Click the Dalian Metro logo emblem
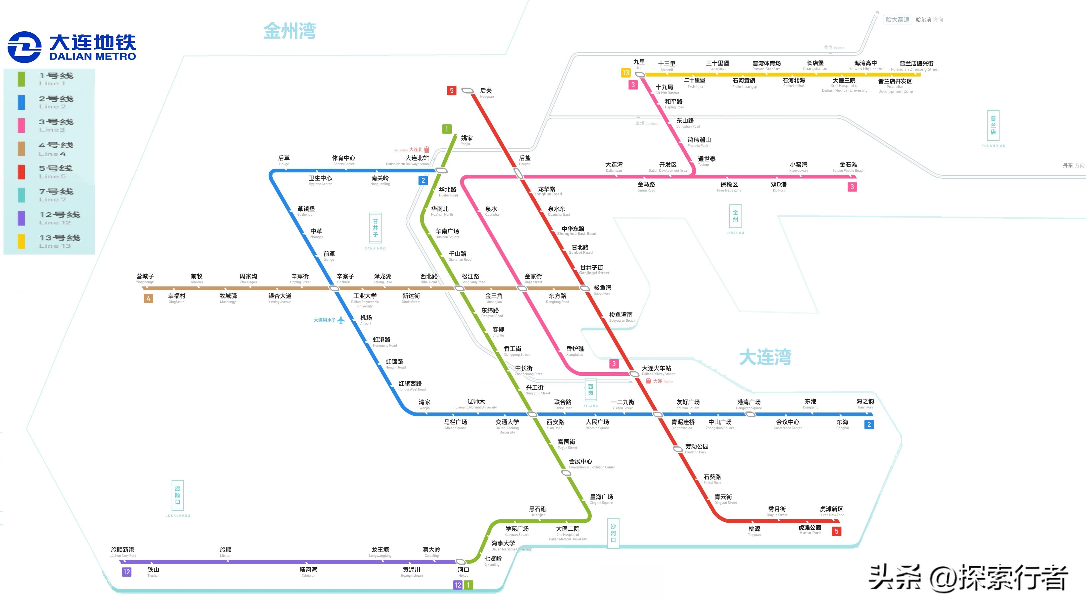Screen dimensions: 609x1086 tap(24, 47)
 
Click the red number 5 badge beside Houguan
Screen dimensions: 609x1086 tap(452, 91)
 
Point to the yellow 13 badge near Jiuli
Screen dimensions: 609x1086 tap(626, 73)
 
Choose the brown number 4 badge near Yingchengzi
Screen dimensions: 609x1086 tap(148, 299)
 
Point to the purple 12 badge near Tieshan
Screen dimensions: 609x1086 tap(126, 572)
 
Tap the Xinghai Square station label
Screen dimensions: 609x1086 tap(601, 499)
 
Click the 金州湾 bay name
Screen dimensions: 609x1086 tap(290, 31)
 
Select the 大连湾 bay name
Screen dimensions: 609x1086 tap(765, 357)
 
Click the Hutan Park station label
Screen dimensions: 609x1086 tap(810, 530)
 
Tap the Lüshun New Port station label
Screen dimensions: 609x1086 tap(123, 552)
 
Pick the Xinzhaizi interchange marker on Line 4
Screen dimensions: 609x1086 tap(334, 288)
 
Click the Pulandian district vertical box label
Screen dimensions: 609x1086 tap(993, 126)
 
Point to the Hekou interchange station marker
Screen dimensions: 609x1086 tap(461, 562)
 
